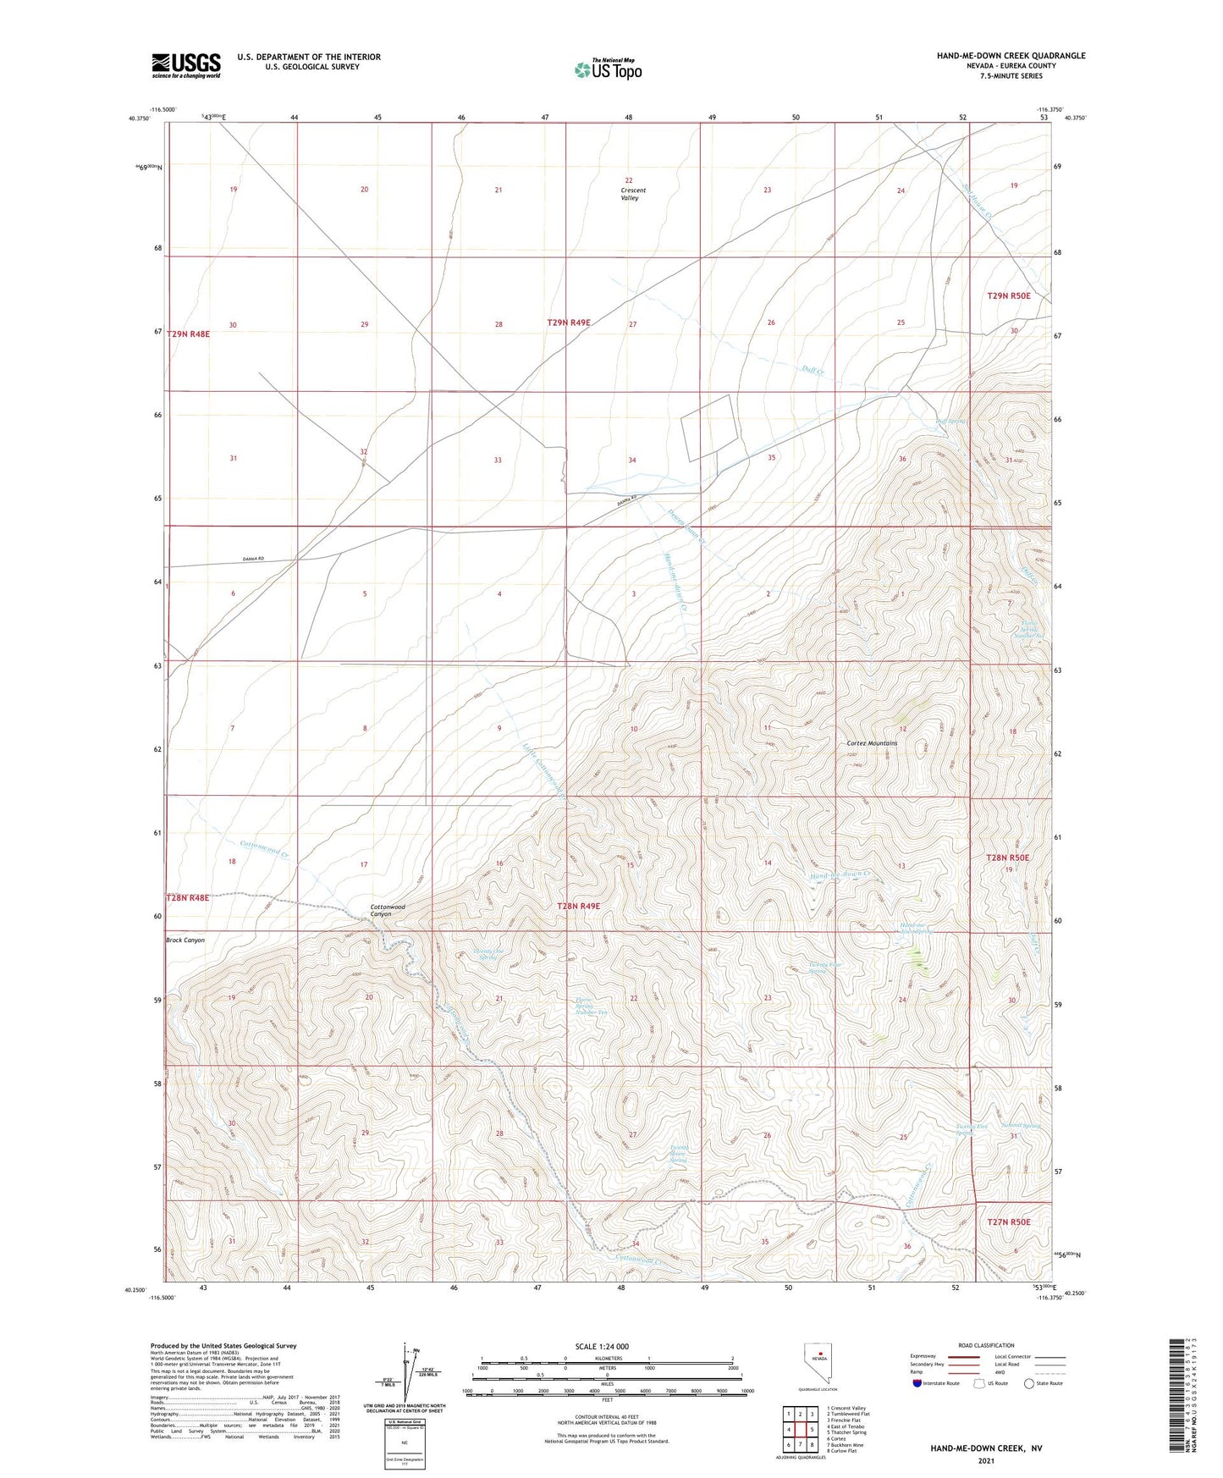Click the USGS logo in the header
click(185, 64)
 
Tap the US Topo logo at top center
click(608, 69)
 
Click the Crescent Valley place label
click(632, 194)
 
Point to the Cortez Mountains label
click(872, 743)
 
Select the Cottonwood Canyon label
click(388, 910)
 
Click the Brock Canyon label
click(185, 940)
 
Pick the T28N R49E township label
click(578, 906)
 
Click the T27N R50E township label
click(1009, 1222)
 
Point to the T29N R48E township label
click(188, 334)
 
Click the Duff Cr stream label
click(813, 370)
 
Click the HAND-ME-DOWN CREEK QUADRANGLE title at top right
click(1011, 56)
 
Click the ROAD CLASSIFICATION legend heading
click(986, 1345)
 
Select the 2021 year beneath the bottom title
click(986, 1461)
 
